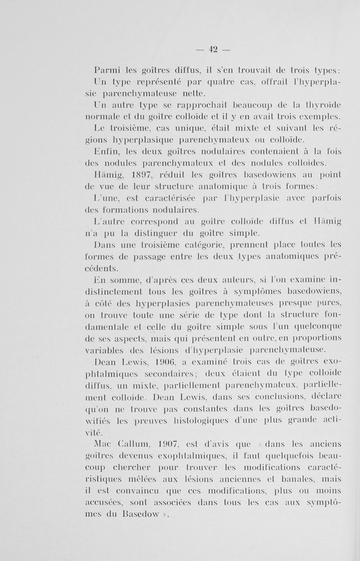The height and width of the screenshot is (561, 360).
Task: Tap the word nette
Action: [x=192, y=94]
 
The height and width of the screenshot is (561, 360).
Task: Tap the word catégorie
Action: [x=189, y=244]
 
